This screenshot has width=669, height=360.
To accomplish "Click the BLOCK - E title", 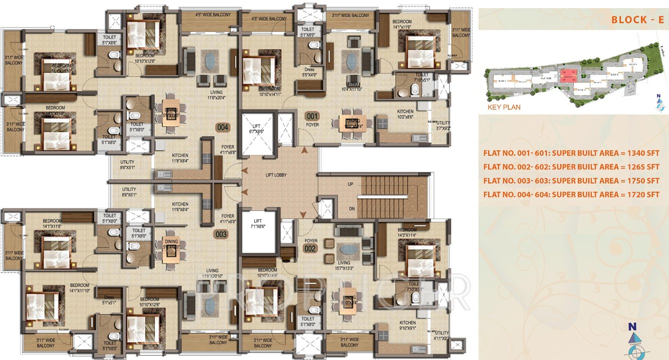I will click(637, 20).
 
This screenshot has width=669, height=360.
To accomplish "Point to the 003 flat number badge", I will click(221, 234).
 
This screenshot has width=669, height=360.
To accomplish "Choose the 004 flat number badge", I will click(223, 128).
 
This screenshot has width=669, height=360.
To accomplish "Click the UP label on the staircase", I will click(351, 184).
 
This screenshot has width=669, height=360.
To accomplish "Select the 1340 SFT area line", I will click(571, 153).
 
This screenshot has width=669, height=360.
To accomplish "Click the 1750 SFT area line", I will click(571, 181).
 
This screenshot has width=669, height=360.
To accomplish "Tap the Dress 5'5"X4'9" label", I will click(309, 72).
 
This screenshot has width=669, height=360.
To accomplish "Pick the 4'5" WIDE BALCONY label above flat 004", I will click(213, 15).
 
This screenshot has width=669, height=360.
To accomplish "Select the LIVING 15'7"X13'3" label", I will click(344, 265).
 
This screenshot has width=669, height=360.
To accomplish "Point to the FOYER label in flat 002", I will click(311, 241).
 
